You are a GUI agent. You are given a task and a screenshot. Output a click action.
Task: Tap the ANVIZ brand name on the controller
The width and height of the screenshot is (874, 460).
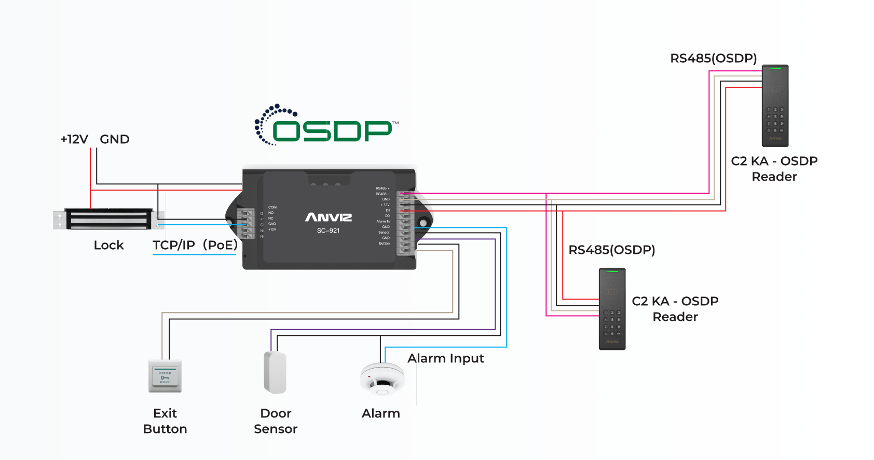pos(329,217)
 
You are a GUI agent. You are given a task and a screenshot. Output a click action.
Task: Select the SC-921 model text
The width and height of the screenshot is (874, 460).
pos(328,231)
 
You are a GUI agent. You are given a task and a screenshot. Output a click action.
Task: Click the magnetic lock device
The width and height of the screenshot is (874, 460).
pos(108,219)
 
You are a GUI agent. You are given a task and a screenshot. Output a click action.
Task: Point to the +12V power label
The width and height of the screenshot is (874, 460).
pos(74,139)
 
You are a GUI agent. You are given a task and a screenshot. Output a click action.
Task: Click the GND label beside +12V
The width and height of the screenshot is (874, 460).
pos(115,139)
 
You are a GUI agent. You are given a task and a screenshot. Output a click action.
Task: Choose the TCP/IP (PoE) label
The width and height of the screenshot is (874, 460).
pos(195,245)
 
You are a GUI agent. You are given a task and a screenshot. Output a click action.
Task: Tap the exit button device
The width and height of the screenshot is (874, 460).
pos(165,376)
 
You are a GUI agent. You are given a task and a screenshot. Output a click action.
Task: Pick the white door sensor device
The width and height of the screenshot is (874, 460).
pos(275,372)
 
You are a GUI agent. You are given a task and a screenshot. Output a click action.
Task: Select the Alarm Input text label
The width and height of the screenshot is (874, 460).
pos(445,358)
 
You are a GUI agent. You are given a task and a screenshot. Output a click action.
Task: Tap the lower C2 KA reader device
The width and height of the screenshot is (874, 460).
pos(612,309)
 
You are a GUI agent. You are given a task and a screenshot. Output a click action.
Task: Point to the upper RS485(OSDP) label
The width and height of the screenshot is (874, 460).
pos(713,58)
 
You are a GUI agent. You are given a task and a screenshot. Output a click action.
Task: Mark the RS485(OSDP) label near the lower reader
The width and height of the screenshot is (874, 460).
pos(611,250)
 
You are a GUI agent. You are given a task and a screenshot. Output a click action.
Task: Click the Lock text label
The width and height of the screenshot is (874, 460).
pos(108,245)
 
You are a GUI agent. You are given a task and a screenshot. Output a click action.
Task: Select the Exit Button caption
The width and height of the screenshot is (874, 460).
pos(165,421)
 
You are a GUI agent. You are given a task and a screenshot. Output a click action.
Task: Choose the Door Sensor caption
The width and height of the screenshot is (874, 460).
pos(276,421)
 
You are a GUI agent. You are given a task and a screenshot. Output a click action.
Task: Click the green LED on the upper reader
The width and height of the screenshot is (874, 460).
pos(775,68)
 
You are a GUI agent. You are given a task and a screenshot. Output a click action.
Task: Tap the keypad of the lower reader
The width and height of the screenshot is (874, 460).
pos(612,323)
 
